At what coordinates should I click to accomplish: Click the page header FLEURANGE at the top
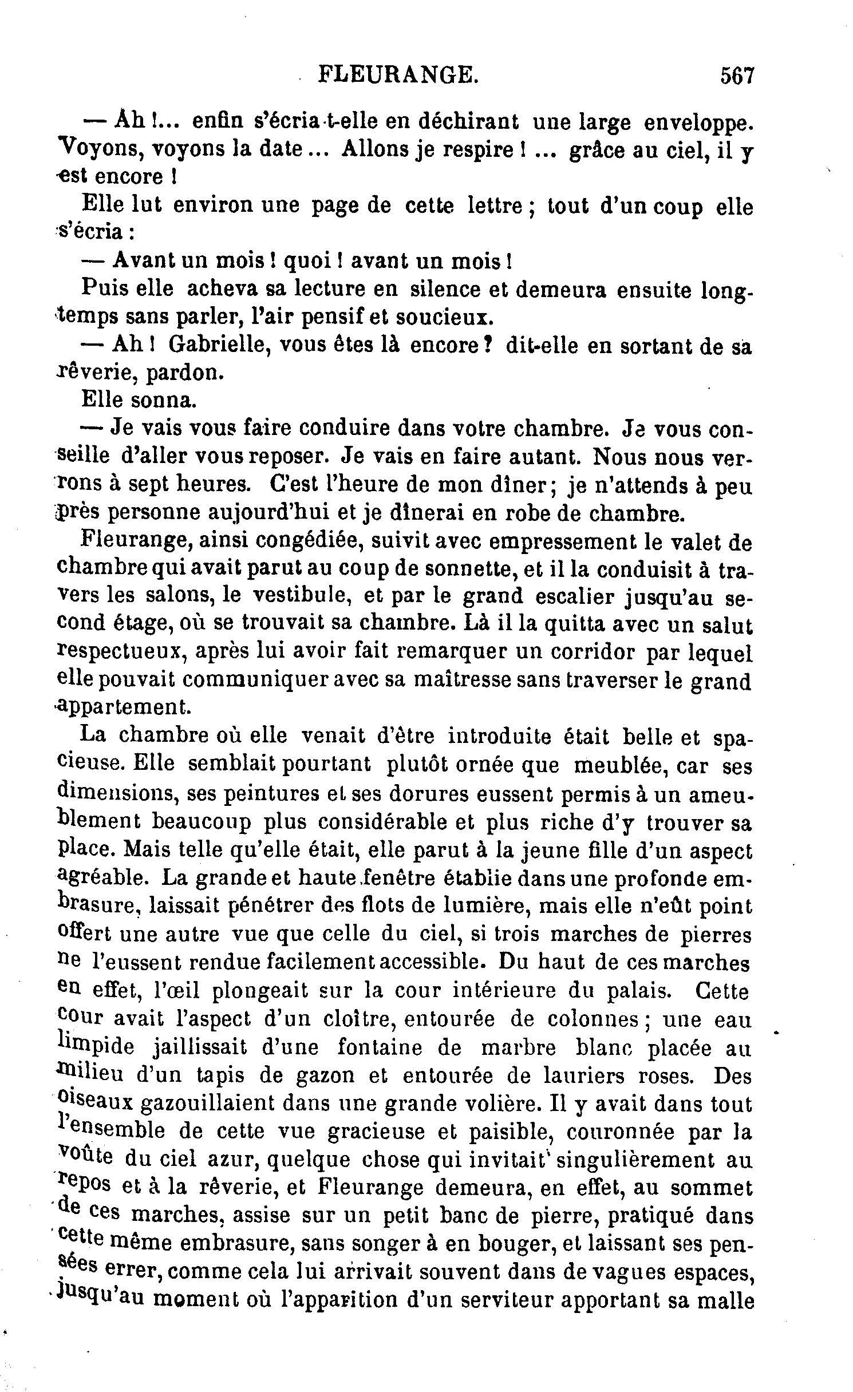(397, 75)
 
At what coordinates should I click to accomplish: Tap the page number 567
(739, 76)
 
